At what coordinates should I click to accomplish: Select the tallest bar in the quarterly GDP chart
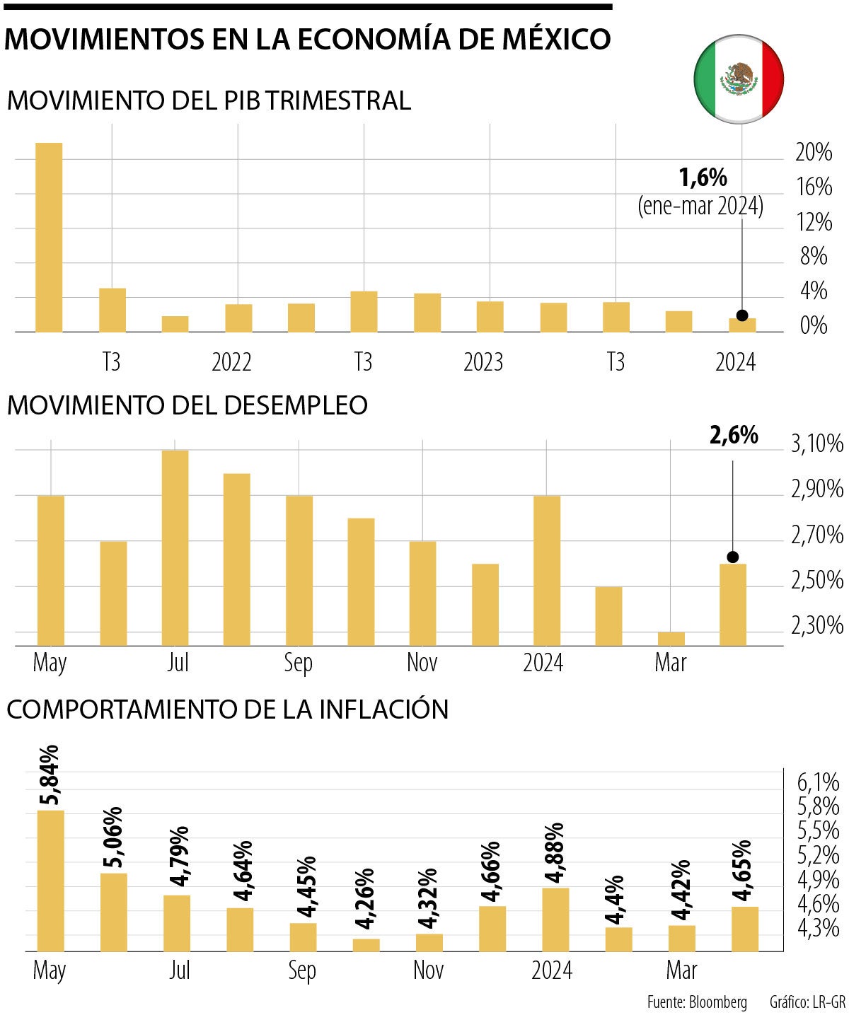(49, 237)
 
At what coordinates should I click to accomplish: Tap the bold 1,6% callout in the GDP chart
(703, 178)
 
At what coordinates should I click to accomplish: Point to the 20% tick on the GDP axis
(813, 152)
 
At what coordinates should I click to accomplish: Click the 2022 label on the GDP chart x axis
(231, 362)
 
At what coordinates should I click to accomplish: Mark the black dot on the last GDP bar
(741, 315)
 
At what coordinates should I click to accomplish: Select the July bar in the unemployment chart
(175, 547)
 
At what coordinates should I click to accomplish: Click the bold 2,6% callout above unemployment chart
(734, 436)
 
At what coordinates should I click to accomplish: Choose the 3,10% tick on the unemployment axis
(817, 444)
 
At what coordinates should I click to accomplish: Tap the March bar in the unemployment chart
(671, 638)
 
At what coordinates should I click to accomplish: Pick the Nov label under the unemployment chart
(422, 663)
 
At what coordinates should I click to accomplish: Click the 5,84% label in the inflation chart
(50, 775)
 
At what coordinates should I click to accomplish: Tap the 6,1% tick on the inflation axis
(818, 783)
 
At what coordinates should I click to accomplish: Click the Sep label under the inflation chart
(301, 970)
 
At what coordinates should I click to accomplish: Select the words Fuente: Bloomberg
(696, 1002)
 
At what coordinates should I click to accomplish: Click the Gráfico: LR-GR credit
(807, 1002)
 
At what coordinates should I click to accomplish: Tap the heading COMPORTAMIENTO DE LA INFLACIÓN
(227, 709)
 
